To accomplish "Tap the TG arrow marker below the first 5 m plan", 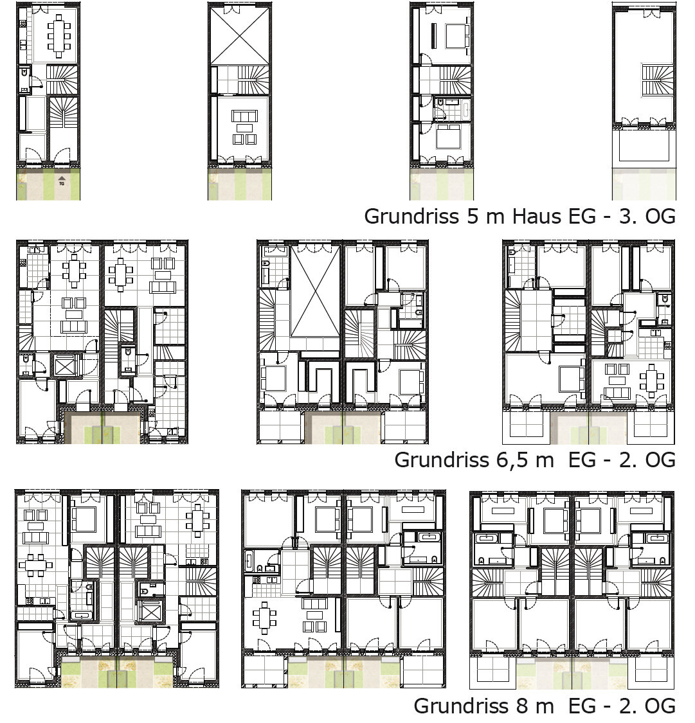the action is pyautogui.click(x=62, y=181).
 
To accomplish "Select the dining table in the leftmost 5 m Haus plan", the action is pyautogui.click(x=59, y=35).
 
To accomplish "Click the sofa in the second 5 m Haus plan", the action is pyautogui.click(x=244, y=115).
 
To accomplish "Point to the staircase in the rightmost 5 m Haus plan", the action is pyautogui.click(x=657, y=80).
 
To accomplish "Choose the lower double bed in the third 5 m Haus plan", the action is pyautogui.click(x=448, y=136).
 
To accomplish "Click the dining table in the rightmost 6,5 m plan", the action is pyautogui.click(x=651, y=380).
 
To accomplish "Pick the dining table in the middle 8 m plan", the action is pyautogui.click(x=265, y=618).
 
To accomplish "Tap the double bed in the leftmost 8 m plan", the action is pyautogui.click(x=84, y=519).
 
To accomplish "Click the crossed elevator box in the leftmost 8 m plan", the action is pyautogui.click(x=151, y=611).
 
